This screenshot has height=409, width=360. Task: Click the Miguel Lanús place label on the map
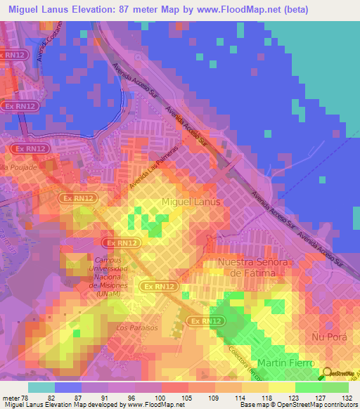pyautogui.click(x=191, y=202)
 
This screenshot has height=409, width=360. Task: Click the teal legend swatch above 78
pyautogui.click(x=41, y=387)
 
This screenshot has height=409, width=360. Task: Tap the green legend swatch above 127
pyautogui.click(x=309, y=387)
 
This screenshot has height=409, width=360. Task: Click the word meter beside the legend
pyautogui.click(x=12, y=397)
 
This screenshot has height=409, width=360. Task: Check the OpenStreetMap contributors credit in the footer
pyautogui.click(x=310, y=405)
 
